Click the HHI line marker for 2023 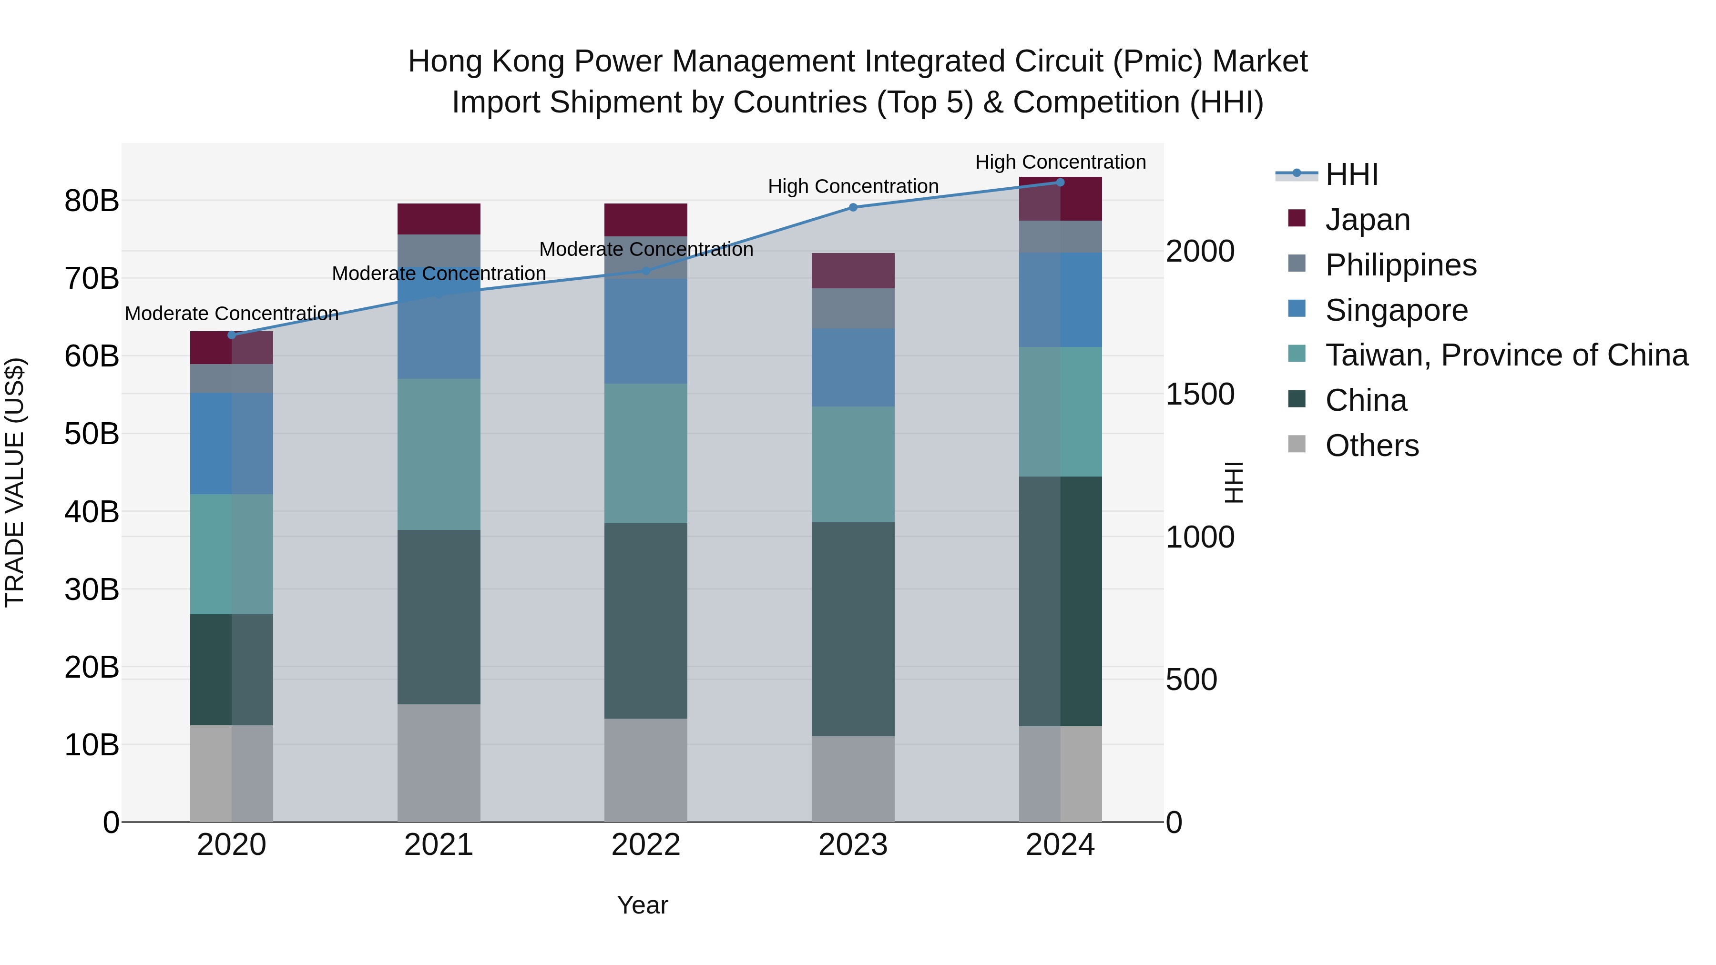click(x=853, y=207)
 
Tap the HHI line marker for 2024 click(x=1060, y=182)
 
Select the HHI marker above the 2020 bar click(x=231, y=335)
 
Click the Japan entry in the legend click(x=1367, y=219)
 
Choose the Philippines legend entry click(x=1400, y=264)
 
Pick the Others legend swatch click(x=1297, y=444)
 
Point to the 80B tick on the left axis click(x=91, y=201)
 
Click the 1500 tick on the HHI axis click(x=1199, y=394)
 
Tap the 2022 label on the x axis click(x=645, y=845)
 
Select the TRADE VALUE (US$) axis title click(x=15, y=482)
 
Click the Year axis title click(x=642, y=905)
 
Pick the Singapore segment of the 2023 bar click(x=853, y=367)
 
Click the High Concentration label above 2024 click(x=1060, y=162)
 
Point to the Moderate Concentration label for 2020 click(x=231, y=313)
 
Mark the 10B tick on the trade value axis click(x=91, y=744)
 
